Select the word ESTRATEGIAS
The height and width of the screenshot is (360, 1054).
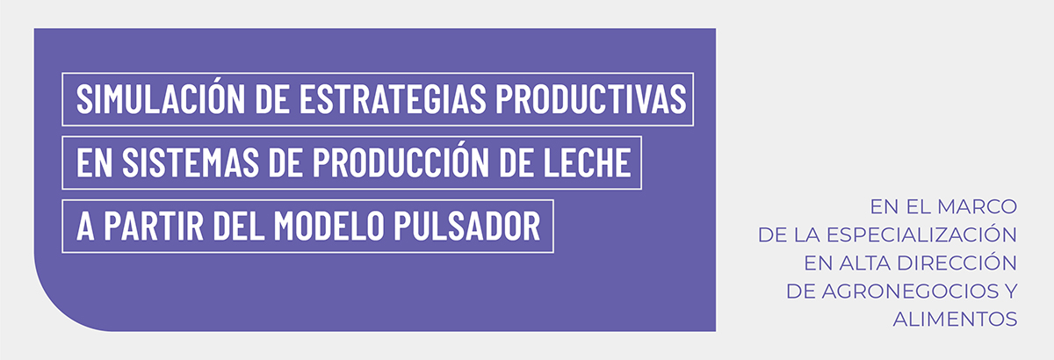point(393,99)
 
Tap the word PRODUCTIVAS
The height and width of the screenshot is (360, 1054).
point(591,99)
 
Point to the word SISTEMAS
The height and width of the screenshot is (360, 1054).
point(191,162)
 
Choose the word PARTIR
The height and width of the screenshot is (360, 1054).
point(154,226)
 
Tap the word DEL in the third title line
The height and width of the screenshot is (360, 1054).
point(239,226)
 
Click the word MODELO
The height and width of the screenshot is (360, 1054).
point(328,226)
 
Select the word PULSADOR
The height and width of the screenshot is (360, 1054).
point(467,226)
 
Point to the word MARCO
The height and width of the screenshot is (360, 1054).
point(977,206)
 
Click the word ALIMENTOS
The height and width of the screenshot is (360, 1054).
point(956,320)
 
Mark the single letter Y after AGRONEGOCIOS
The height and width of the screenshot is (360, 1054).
point(1011,292)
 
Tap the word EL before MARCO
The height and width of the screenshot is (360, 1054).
point(918,206)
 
